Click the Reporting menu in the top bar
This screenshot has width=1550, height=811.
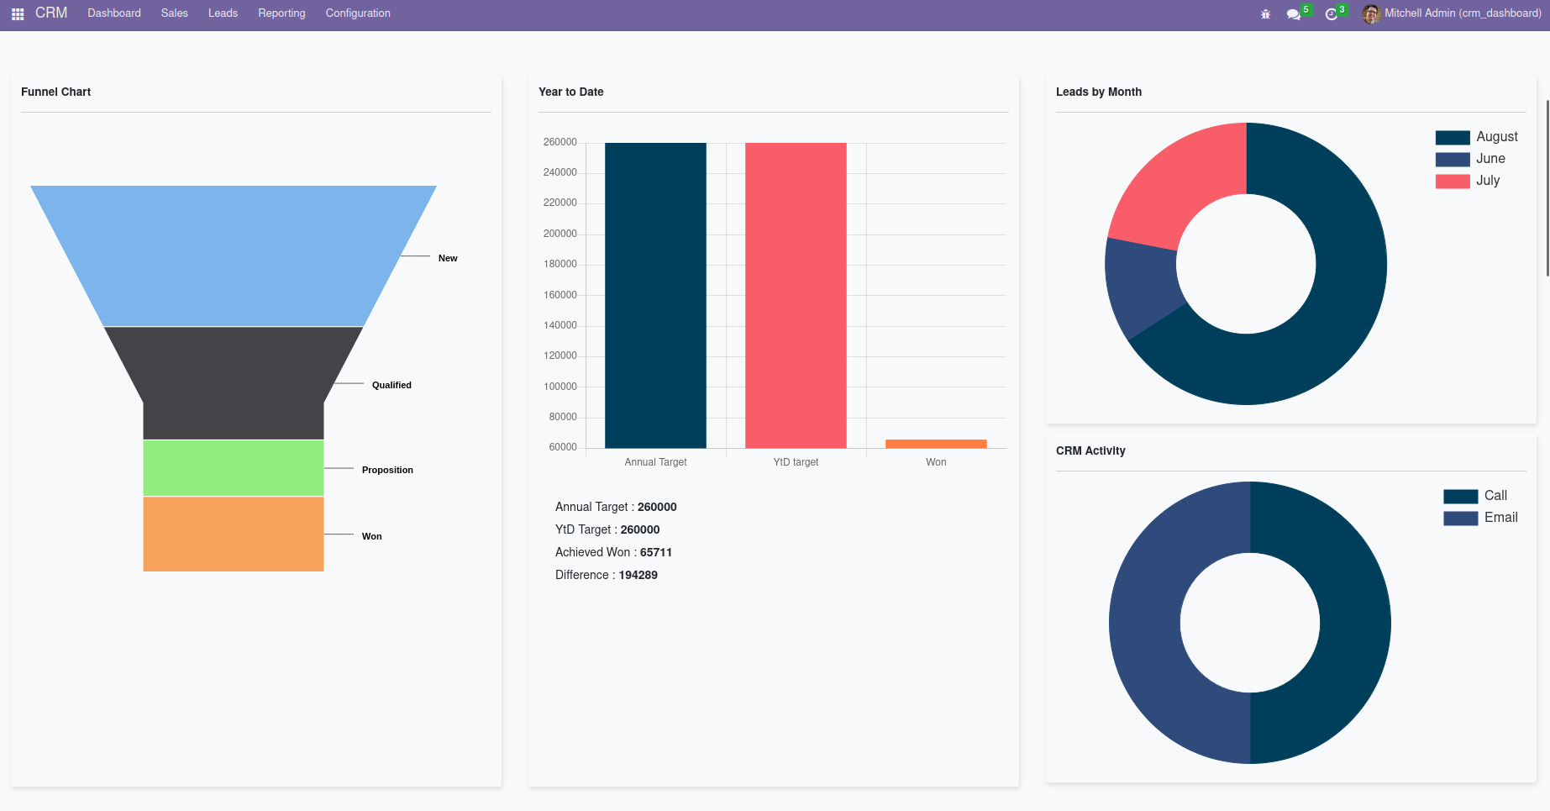281,13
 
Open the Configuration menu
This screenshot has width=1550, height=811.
358,13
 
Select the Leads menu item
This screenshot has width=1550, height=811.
223,13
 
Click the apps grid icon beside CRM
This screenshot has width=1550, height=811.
18,14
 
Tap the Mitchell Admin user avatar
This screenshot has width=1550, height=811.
1370,13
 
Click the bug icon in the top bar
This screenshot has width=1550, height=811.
1265,14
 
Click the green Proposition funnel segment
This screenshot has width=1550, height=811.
233,467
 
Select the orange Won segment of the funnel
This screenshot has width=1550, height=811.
233,534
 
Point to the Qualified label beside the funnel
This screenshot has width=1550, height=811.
391,385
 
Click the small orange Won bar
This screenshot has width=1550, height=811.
936,444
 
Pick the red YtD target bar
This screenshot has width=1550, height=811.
796,294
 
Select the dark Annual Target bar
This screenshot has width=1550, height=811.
655,294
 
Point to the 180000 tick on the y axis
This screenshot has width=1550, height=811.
560,264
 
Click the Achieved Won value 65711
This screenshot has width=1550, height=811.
656,552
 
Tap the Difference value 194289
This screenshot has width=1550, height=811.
638,575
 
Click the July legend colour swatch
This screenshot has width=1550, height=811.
1453,181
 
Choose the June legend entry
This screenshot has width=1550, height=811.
1490,159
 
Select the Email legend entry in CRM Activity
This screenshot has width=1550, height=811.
1500,518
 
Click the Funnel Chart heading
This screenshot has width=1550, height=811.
56,92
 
